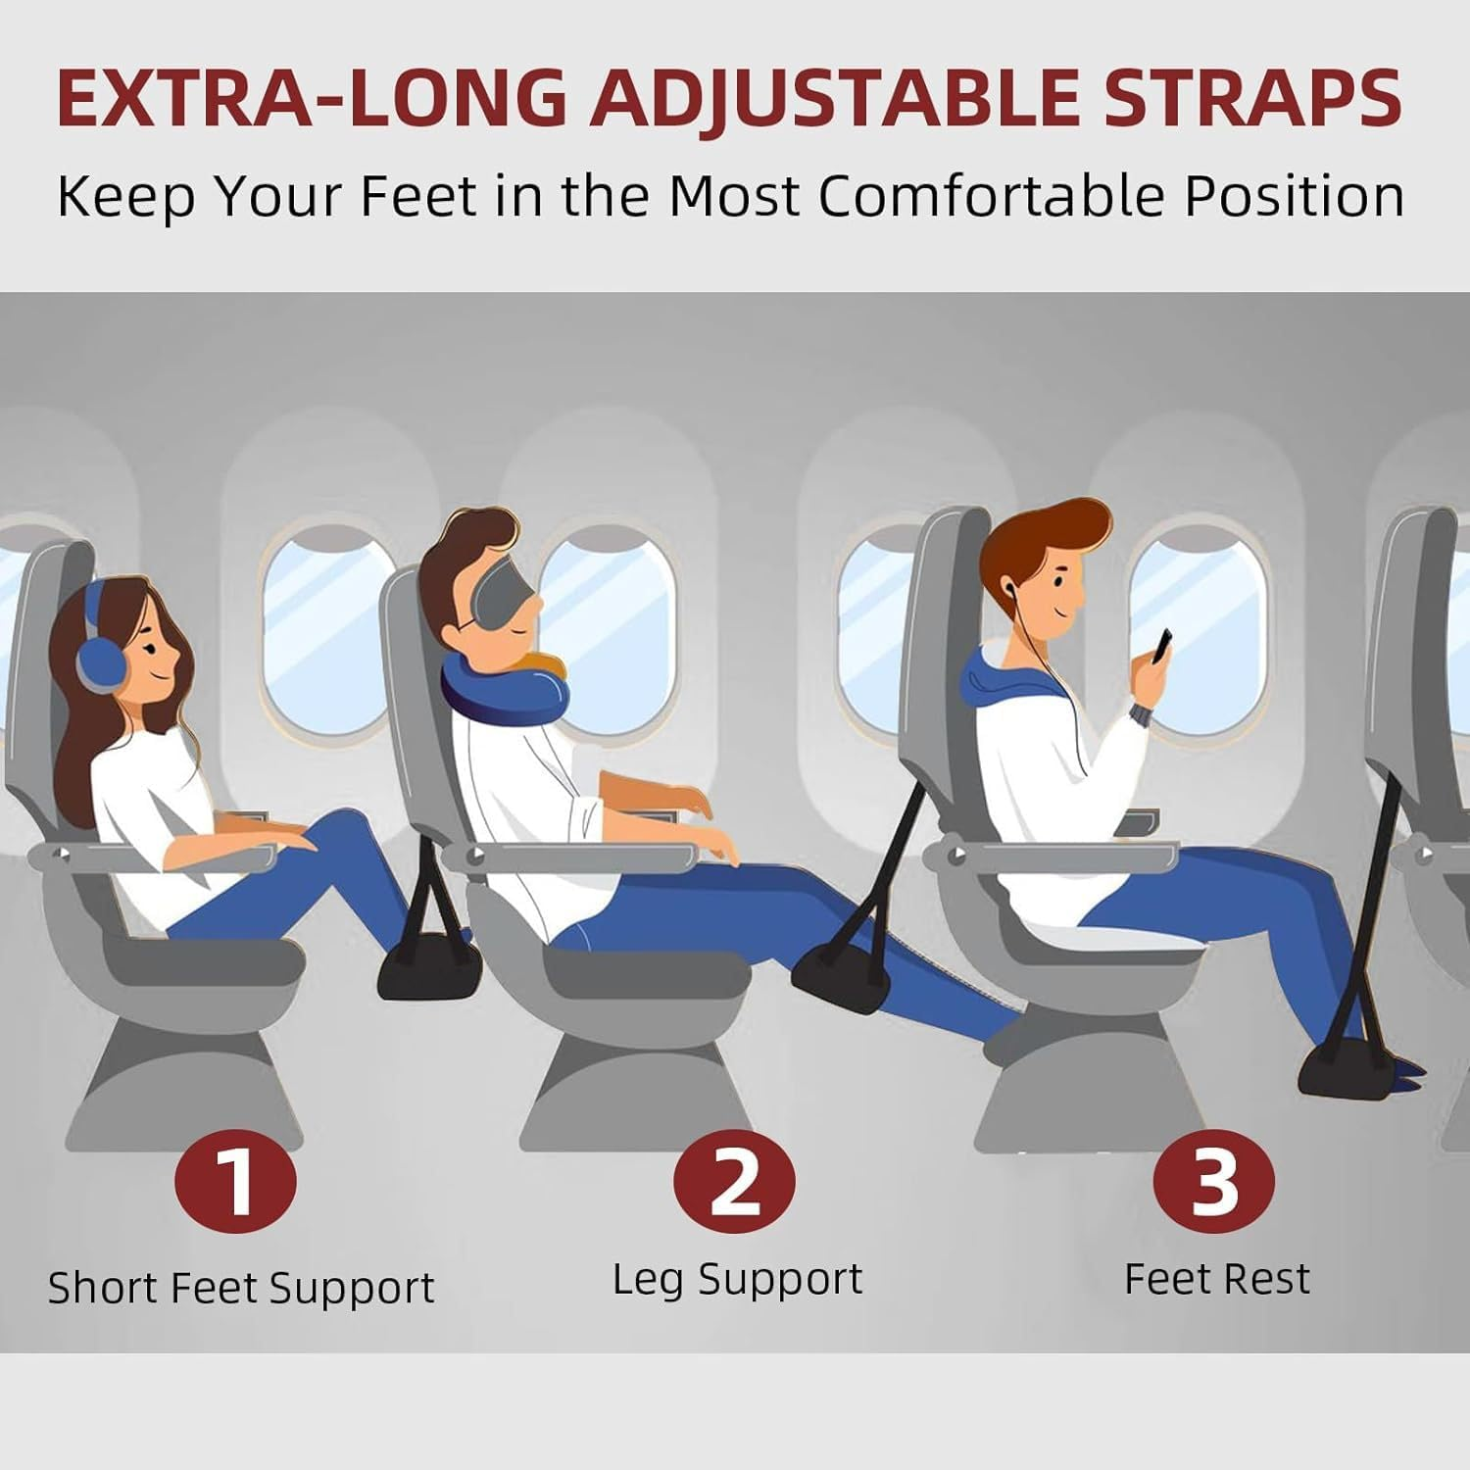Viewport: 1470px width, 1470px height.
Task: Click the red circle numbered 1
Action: [x=235, y=1181]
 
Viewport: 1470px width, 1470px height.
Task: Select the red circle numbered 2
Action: [x=734, y=1181]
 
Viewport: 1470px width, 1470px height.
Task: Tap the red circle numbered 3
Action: [x=1213, y=1181]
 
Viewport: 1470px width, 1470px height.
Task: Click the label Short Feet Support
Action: [x=241, y=1288]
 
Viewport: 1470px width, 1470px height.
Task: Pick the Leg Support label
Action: [x=737, y=1279]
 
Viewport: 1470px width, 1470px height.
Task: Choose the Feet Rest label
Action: [x=1216, y=1279]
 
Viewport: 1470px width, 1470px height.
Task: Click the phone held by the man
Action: [x=1162, y=645]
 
